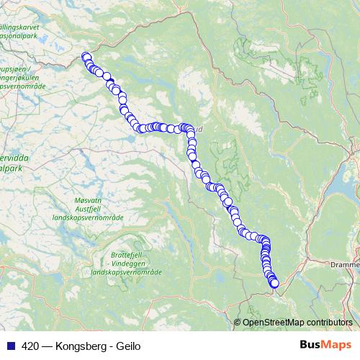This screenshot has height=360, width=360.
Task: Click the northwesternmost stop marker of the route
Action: click(x=86, y=57)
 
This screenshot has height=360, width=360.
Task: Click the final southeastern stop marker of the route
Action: click(x=274, y=283)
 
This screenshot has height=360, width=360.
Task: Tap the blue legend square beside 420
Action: click(x=11, y=346)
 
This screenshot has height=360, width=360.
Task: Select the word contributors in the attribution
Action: click(x=330, y=322)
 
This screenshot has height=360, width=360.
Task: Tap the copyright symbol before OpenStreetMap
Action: click(x=238, y=322)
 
